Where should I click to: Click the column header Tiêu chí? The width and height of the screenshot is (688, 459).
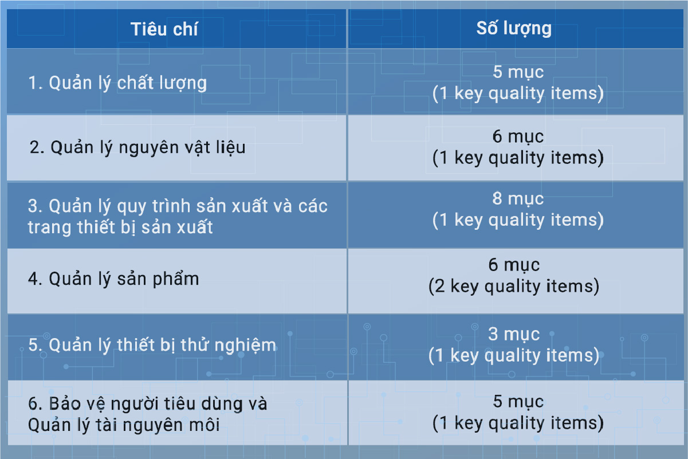(164, 29)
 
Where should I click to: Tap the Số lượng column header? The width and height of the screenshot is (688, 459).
(514, 28)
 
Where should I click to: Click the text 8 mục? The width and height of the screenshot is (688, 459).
(518, 198)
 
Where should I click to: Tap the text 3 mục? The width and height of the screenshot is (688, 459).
(514, 334)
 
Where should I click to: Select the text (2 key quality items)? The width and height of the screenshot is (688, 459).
(514, 286)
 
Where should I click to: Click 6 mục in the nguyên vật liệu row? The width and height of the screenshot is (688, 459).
(518, 136)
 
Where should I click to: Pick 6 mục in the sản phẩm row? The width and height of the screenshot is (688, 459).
(514, 265)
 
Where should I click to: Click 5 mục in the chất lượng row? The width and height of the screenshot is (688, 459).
(518, 72)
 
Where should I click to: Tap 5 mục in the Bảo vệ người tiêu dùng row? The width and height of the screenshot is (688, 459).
(518, 402)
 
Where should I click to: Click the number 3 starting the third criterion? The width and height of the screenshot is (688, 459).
(33, 206)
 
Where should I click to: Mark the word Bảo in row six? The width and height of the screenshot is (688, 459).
(65, 403)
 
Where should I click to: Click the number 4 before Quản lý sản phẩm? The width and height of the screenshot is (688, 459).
(33, 279)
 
